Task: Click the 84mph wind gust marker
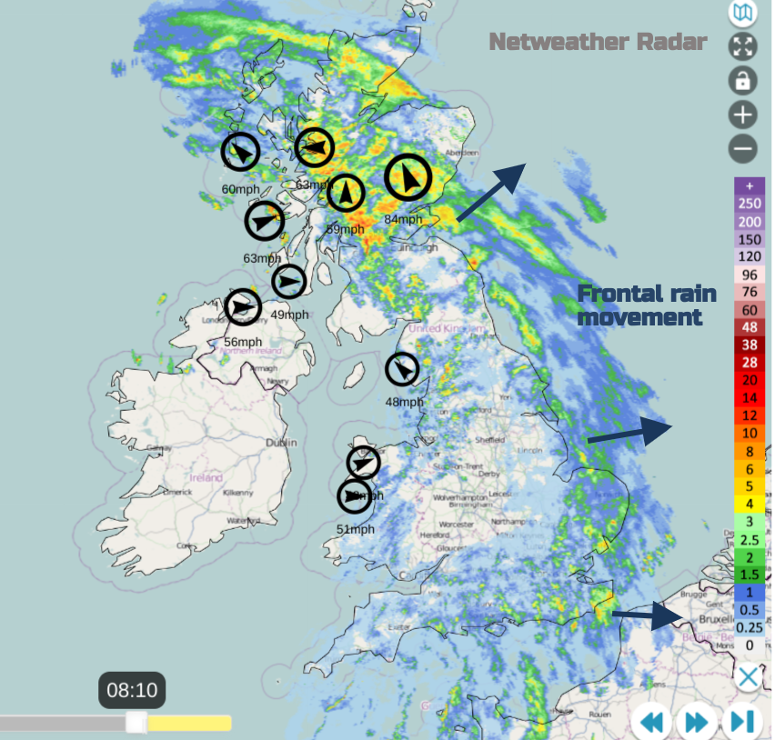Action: (407, 178)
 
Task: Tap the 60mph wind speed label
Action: (240, 189)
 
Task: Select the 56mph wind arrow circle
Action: (243, 307)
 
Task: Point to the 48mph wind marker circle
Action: (402, 369)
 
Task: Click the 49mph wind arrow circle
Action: (289, 281)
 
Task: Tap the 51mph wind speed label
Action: (356, 530)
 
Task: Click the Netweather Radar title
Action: (598, 42)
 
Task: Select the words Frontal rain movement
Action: (647, 305)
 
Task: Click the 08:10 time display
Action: (132, 691)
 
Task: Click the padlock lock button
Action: (743, 80)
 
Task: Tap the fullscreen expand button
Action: (743, 46)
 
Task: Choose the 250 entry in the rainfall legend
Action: (750, 203)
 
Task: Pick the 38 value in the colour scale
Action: (750, 345)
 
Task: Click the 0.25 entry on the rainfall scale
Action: (750, 627)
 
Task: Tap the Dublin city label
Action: (281, 443)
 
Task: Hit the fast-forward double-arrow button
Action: (696, 723)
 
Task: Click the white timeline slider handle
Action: (136, 723)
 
